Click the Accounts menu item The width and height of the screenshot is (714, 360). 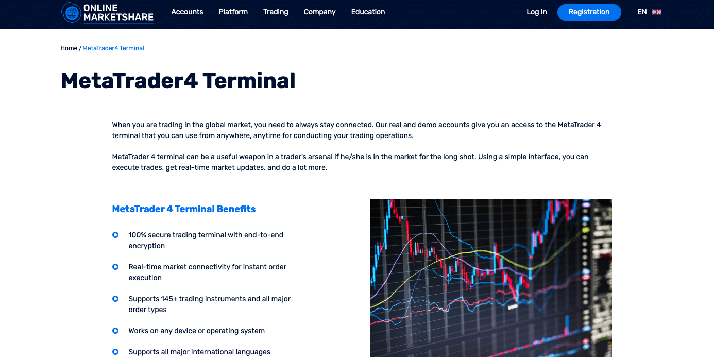187,12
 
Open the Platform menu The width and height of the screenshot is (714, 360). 233,12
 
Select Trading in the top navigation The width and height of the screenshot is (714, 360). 276,12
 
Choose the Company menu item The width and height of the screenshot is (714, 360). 320,12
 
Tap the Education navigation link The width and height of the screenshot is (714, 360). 368,12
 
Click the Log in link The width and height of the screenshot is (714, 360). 537,12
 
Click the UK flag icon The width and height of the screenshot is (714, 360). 657,12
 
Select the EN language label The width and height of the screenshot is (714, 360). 642,12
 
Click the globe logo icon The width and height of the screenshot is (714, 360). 72,13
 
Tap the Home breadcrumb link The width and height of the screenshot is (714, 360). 69,48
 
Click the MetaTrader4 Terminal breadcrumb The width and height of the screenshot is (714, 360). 113,48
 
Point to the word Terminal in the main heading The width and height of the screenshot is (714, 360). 249,81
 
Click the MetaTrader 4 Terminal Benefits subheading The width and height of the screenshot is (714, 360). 183,209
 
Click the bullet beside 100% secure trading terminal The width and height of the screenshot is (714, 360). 115,235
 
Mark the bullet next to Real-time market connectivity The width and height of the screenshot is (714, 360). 115,267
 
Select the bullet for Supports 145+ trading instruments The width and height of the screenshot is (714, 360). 115,299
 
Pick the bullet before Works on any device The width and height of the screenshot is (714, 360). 115,331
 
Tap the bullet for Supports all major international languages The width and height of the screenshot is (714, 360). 115,352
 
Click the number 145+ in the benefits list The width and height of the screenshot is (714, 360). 169,299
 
